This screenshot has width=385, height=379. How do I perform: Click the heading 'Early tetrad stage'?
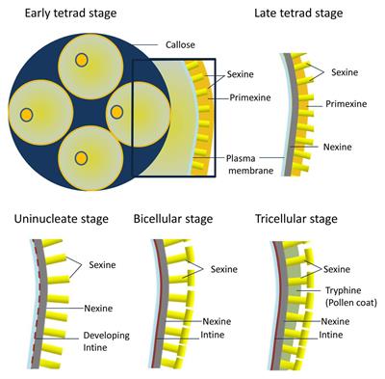click(65, 12)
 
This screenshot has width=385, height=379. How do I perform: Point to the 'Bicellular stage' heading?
click(179, 219)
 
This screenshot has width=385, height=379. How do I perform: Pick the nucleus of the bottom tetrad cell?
click(84, 157)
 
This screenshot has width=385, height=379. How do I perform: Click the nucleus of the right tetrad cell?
click(116, 112)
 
